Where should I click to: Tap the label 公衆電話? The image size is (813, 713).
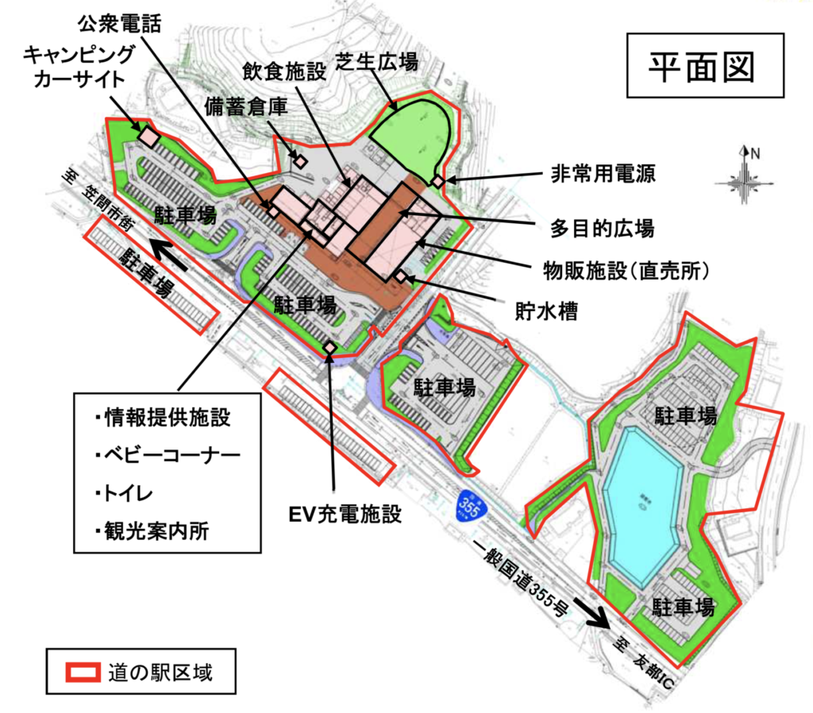point(119,24)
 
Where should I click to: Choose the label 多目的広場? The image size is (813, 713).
point(602,229)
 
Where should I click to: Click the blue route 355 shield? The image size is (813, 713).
point(470,508)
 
